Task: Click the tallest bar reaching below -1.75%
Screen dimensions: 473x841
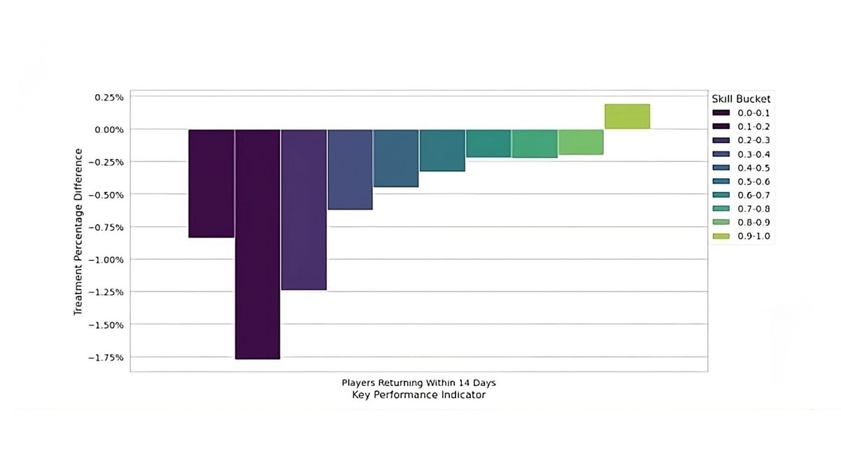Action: click(257, 244)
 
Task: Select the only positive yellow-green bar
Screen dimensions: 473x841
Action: click(627, 116)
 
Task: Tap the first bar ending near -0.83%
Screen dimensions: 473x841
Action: click(211, 184)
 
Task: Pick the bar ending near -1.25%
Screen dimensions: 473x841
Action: click(303, 210)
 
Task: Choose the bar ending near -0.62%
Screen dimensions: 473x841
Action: click(350, 170)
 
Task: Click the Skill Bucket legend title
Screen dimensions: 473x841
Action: click(741, 99)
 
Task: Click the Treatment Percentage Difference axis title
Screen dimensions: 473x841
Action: click(79, 231)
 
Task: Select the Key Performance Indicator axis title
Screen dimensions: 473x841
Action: click(418, 395)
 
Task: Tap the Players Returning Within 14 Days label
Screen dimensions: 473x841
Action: click(418, 383)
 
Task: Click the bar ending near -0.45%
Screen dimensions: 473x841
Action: click(396, 158)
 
